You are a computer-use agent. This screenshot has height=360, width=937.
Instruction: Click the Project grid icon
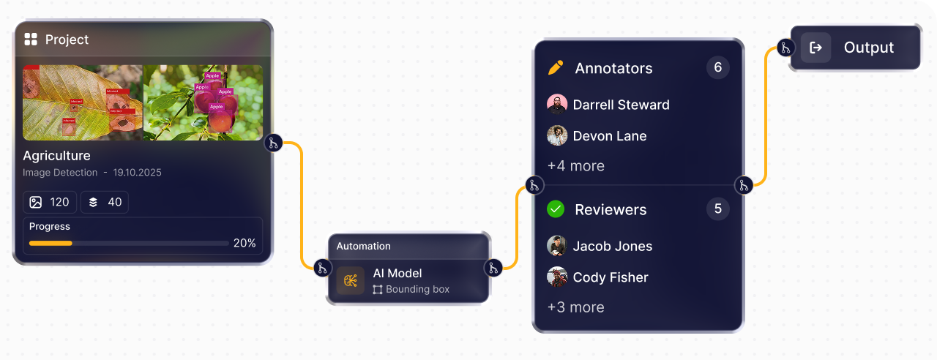click(x=31, y=40)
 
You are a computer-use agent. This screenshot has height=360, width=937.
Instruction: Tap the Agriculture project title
click(x=56, y=156)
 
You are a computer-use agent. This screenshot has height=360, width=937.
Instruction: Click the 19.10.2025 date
click(x=137, y=173)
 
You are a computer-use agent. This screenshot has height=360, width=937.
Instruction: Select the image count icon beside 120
click(x=36, y=202)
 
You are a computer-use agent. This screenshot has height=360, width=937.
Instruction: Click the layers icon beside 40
click(x=93, y=202)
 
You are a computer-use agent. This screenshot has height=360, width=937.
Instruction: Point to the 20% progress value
click(x=244, y=243)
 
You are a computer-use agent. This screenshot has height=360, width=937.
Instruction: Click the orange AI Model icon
click(x=351, y=281)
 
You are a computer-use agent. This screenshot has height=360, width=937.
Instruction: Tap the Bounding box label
click(x=417, y=289)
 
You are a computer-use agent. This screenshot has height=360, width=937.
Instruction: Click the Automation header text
click(x=363, y=246)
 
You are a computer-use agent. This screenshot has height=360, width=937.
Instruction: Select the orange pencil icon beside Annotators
click(x=556, y=68)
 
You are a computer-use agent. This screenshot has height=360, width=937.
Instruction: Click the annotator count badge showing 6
click(x=717, y=68)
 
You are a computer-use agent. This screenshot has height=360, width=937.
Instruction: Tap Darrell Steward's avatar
click(x=557, y=105)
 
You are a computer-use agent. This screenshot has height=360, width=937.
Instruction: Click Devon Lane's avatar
click(x=557, y=136)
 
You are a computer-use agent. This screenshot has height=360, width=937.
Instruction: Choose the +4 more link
click(x=575, y=166)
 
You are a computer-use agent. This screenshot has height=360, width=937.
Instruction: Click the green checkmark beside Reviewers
click(x=556, y=210)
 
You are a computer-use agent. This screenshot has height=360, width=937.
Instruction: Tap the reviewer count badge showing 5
click(x=717, y=209)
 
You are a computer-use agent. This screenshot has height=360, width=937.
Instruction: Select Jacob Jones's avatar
click(x=557, y=246)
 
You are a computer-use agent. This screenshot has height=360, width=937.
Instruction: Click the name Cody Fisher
click(x=610, y=277)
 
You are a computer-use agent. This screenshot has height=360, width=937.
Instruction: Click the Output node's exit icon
click(x=815, y=48)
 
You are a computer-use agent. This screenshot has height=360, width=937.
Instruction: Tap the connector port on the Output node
click(x=785, y=48)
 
